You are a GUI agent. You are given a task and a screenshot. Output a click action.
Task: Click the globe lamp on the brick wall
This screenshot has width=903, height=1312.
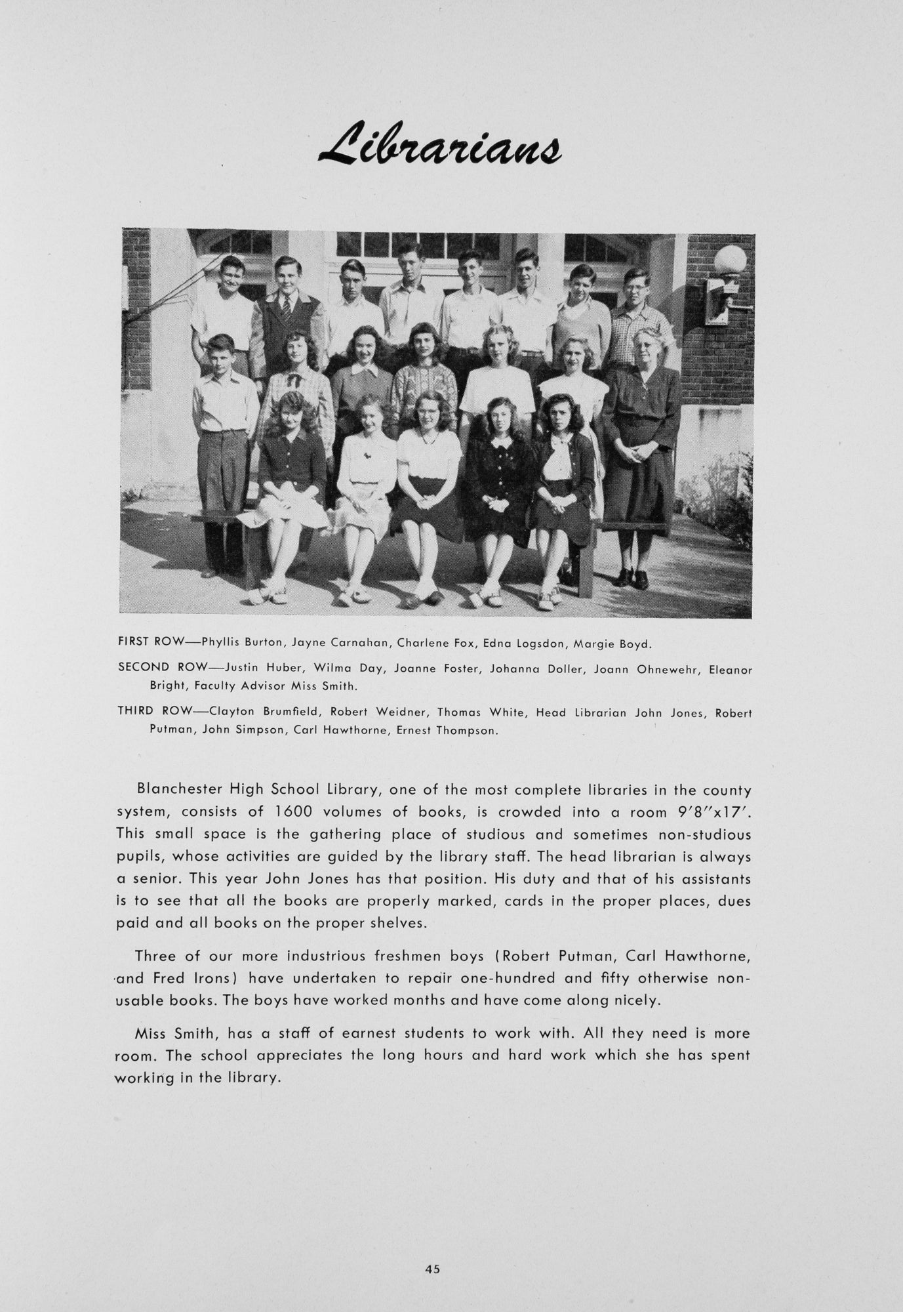(x=730, y=260)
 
